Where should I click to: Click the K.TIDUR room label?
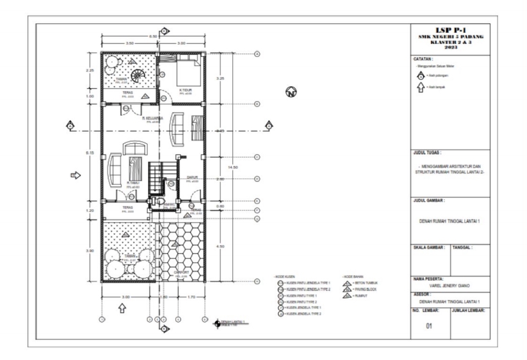pos(185,90)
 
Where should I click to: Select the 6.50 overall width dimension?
pos(154,36)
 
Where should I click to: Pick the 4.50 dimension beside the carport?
pos(220,246)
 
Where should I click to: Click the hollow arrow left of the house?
pos(75,175)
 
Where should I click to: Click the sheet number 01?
pos(430,328)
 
